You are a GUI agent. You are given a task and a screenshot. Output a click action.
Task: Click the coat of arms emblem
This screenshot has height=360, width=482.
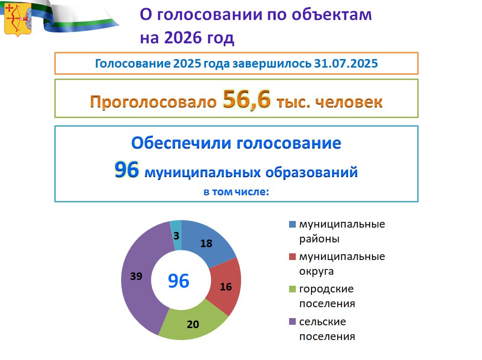click(18, 19)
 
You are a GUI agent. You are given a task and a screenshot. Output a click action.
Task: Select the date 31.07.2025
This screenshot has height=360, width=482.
click(346, 63)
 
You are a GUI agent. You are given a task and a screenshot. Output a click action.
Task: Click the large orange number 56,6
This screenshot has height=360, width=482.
click(247, 100)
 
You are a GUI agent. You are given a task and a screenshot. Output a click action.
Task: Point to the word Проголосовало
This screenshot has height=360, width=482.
click(153, 102)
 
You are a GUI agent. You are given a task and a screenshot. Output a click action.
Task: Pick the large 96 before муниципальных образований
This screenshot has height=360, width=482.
click(127, 170)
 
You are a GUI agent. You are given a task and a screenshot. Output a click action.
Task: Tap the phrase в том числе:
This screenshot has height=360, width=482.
click(236, 192)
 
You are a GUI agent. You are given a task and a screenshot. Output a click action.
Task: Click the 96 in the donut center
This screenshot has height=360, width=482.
click(179, 280)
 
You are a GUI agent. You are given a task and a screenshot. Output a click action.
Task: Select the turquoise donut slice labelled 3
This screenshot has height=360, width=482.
click(176, 235)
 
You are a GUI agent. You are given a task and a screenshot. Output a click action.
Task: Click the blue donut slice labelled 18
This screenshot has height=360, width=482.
click(206, 243)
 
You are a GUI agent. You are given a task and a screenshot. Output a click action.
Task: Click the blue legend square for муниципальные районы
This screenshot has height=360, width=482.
click(292, 224)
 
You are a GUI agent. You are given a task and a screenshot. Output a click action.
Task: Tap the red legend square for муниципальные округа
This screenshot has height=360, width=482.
click(292, 256)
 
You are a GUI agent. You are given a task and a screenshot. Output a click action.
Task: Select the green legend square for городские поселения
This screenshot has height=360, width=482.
click(292, 289)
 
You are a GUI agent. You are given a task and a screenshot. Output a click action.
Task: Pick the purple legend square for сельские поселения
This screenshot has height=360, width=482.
click(292, 321)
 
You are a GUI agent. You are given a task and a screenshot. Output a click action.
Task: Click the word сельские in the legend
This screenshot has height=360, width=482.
click(322, 322)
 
